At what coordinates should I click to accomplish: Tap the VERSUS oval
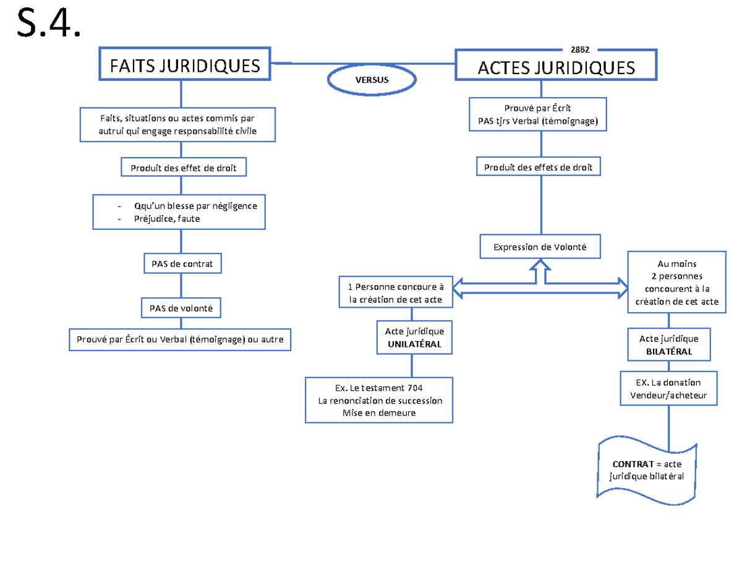[x=372, y=79]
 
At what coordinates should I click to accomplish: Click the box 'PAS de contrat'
[x=182, y=263]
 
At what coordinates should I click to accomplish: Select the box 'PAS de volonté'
[x=182, y=307]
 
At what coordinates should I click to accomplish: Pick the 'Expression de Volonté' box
[x=540, y=248]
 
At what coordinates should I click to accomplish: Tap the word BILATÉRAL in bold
[x=668, y=351]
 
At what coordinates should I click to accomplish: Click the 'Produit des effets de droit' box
[x=538, y=167]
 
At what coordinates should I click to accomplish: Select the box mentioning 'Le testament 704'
[x=380, y=400]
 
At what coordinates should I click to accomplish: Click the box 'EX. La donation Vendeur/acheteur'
[x=668, y=388]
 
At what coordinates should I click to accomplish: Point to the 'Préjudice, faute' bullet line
[x=167, y=218]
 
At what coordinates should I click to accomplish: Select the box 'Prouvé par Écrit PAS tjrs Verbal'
[x=538, y=114]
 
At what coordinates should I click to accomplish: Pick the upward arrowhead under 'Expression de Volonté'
[x=540, y=266]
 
